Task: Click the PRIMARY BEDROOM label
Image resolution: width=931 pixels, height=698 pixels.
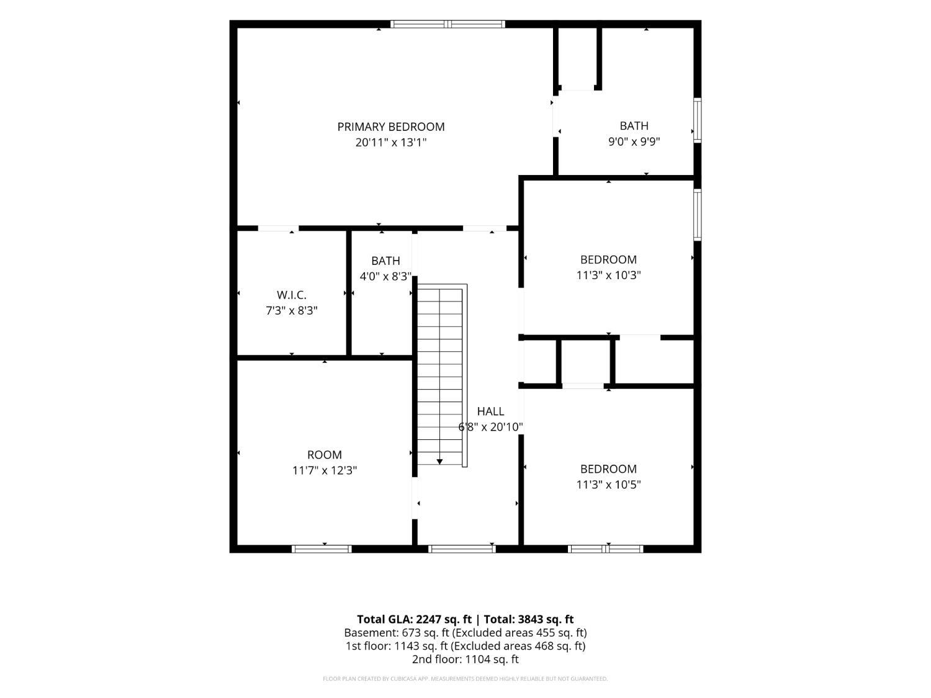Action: coord(390,127)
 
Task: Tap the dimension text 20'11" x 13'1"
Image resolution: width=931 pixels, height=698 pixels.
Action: coord(390,143)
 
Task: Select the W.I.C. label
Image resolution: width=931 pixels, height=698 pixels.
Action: coord(291,295)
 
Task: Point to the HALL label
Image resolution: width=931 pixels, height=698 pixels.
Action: coord(490,411)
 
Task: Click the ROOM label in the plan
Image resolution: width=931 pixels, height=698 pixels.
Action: coord(325,455)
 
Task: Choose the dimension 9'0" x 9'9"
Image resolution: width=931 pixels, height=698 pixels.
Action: coord(634,141)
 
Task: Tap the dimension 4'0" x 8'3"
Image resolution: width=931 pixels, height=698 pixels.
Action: coord(385,277)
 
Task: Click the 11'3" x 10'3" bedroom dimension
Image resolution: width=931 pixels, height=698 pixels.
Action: coord(608,275)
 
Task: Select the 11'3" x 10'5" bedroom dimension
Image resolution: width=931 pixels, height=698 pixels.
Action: coord(608,485)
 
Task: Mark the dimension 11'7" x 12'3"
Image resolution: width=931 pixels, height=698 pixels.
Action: coord(325,470)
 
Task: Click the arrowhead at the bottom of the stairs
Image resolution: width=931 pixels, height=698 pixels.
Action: coord(439,462)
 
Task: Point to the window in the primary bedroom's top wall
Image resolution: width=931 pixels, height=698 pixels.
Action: coord(448,24)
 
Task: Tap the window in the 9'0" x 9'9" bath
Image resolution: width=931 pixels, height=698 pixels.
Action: coord(697,120)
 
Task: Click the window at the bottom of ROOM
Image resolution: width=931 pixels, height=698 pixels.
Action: coord(322,549)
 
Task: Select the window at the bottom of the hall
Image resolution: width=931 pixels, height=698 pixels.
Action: coord(462,549)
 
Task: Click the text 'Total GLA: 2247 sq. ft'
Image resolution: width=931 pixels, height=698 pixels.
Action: coord(414,620)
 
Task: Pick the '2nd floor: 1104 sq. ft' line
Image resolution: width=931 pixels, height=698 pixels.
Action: coord(465,660)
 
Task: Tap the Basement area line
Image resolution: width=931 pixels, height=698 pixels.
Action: coord(465,633)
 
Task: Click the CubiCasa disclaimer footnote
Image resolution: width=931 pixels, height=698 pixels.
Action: coord(465,679)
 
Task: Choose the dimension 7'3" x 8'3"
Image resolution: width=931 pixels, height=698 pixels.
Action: coord(291,311)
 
